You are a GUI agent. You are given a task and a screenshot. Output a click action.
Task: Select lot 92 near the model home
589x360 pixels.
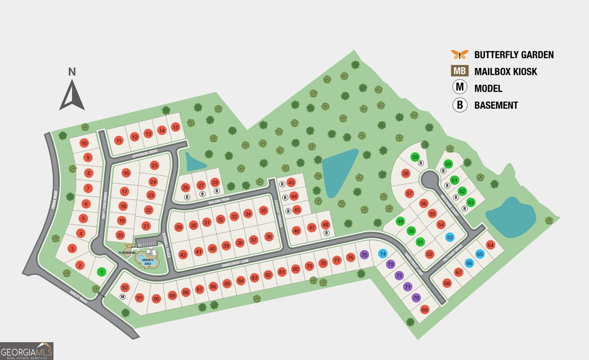coord(125,288)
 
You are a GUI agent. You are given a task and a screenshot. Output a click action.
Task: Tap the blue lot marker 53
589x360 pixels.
coord(449,237)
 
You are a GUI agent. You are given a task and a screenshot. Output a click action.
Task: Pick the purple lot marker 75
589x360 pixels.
coord(364,255)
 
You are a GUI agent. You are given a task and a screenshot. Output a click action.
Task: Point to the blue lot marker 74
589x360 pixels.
coord(383,254)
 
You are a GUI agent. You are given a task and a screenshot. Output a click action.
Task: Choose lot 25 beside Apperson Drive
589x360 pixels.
coord(155,166)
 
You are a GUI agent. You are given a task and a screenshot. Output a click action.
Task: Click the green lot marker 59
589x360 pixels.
coord(415,157)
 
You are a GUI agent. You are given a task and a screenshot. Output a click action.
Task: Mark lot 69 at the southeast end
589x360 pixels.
coord(425,310)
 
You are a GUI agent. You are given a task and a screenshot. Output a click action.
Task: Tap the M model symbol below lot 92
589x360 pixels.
coord(123,297)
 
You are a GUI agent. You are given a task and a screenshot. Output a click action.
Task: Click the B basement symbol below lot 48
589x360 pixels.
coord(326,233)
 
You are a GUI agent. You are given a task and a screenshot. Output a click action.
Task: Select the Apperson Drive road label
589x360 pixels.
coord(145,154)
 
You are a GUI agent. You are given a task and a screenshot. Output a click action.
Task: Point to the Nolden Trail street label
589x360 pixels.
coord(219,201)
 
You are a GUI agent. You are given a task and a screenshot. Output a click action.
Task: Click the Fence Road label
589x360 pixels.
coord(54,200)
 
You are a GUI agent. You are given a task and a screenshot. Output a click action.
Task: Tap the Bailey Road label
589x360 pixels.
coord(79,297)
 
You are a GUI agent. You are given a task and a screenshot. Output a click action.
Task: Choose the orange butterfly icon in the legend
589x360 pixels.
coord(460,54)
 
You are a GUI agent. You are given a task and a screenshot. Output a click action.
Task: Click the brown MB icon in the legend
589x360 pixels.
coord(460,71)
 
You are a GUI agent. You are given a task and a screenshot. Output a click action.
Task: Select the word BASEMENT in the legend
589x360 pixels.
coord(496,105)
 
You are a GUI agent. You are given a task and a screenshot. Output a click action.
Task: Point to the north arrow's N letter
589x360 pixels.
coord(72,72)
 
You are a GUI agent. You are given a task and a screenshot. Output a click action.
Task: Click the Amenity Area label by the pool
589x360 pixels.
coord(148,262)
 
